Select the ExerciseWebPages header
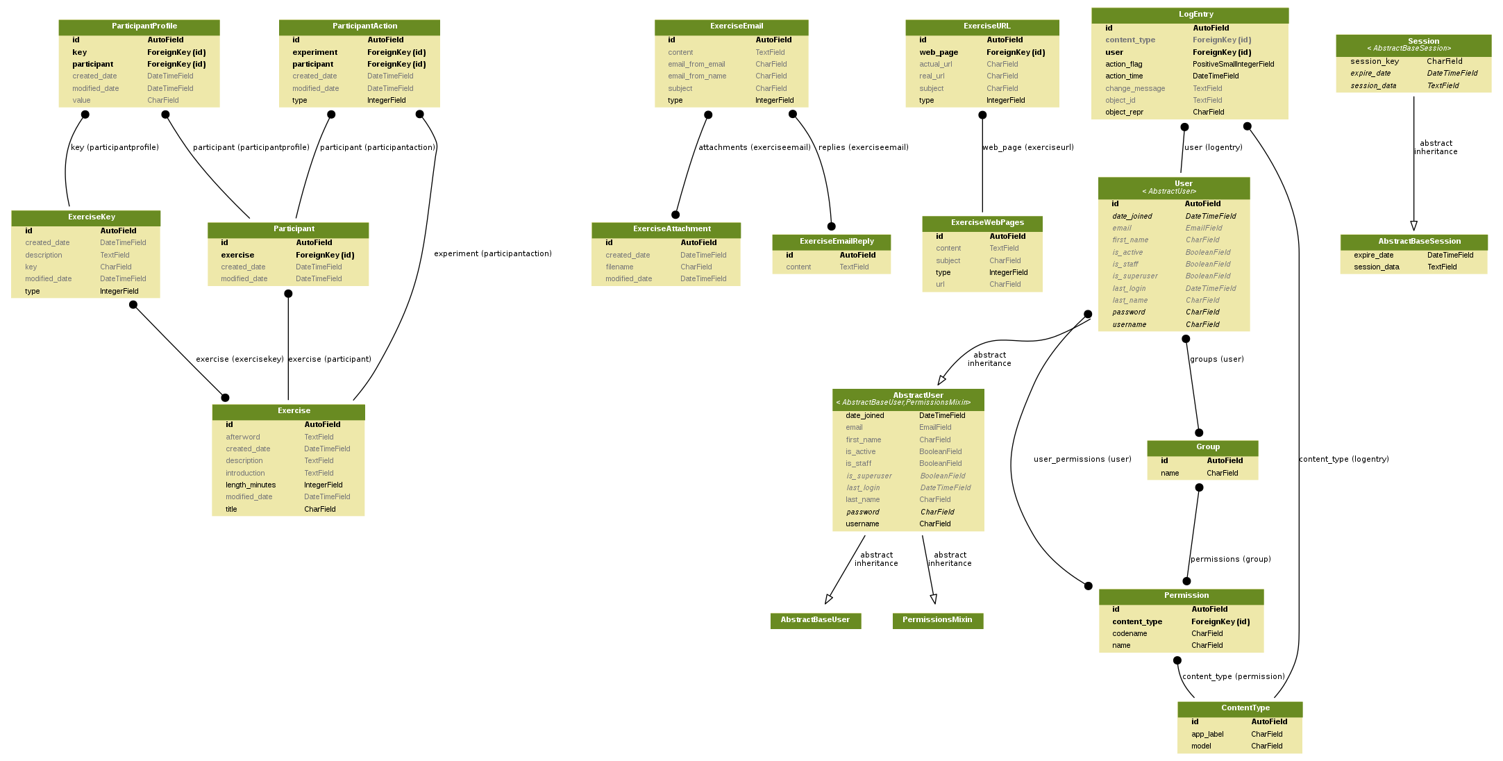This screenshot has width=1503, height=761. coord(982,223)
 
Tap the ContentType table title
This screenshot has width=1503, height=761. coord(1240,708)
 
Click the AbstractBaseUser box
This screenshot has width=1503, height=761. coord(816,620)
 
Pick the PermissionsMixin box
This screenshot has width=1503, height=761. coord(938,620)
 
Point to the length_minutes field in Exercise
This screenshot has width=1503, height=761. coord(251,485)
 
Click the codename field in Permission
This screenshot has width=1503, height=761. coord(1130,634)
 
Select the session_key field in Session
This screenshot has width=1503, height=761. coord(1375,62)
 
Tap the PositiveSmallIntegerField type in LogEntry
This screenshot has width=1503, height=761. coord(1234,65)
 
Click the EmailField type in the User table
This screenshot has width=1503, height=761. coord(1204,228)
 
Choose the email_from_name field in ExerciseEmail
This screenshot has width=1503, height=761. coord(697,76)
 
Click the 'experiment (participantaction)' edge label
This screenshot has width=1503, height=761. coord(493,254)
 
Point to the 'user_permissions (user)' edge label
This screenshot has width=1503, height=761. coord(1082,460)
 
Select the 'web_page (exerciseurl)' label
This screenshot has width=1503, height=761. coord(1028,148)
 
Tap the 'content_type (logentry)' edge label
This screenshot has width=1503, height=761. coord(1344,460)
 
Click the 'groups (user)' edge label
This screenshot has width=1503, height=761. coord(1217,360)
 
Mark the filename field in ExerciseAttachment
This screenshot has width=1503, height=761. coord(619,267)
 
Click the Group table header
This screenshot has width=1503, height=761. coord(1202,448)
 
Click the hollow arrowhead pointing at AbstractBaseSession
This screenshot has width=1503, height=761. coord(1413,226)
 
